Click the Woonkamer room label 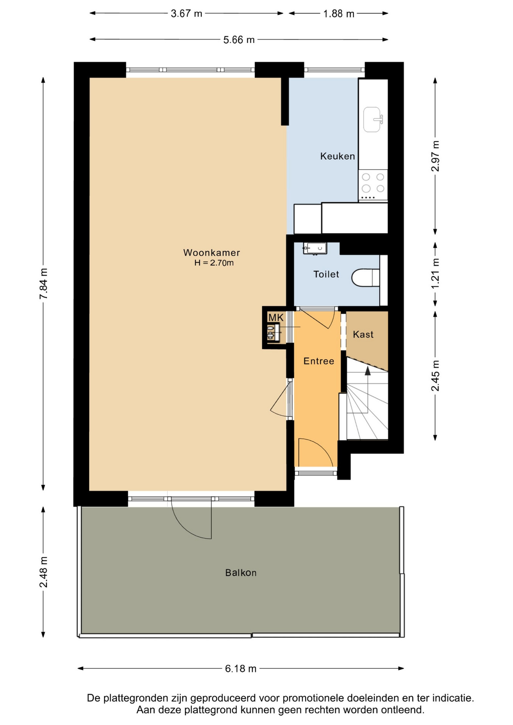[212, 253]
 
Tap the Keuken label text [337, 156]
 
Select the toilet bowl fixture [366, 278]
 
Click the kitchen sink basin [372, 119]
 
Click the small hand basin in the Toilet [315, 248]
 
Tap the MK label [276, 318]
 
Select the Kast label [363, 334]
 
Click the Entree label [319, 361]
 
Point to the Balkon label [241, 573]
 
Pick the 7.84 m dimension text [44, 284]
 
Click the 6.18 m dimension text [241, 669]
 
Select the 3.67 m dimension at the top [187, 14]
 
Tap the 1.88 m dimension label [339, 14]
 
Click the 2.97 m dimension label [435, 156]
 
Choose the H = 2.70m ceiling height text [214, 263]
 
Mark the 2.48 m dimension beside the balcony [44, 572]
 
